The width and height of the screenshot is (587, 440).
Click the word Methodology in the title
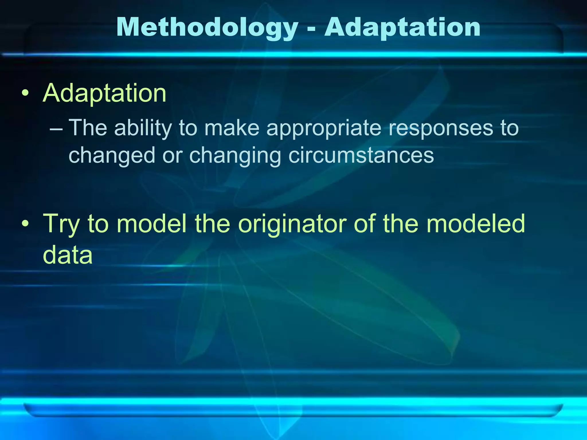207,28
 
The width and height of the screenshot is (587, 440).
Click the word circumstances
361,155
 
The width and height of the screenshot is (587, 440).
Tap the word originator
292,223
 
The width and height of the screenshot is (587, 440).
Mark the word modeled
476,223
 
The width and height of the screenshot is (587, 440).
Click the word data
68,254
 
